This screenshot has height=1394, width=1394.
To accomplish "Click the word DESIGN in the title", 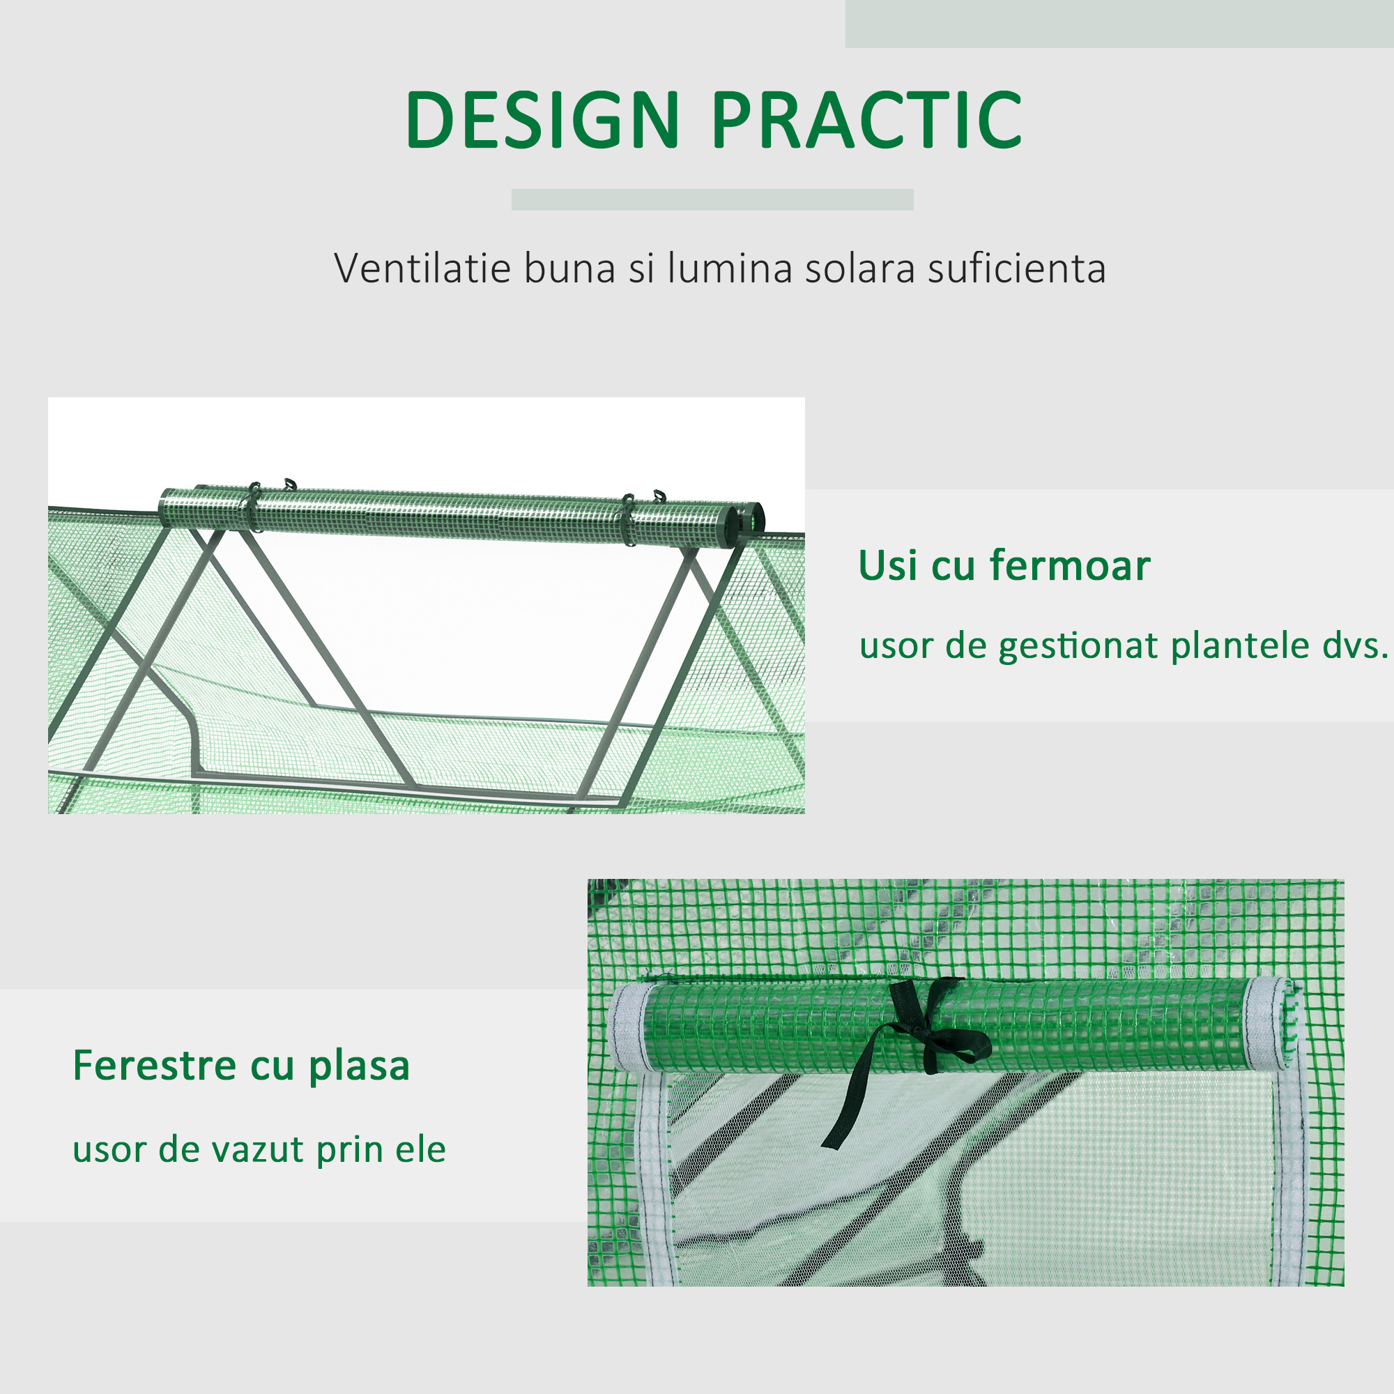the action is (542, 120).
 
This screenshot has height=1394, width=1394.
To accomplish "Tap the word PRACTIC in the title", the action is (867, 120).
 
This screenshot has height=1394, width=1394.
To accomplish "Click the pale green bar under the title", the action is (712, 200).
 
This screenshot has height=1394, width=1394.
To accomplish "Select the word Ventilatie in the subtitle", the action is (422, 268).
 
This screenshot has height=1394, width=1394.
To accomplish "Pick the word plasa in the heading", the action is (360, 1067).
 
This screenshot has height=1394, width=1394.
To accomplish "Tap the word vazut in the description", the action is (259, 1150).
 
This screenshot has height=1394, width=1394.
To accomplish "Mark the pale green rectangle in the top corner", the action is (1120, 24).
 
